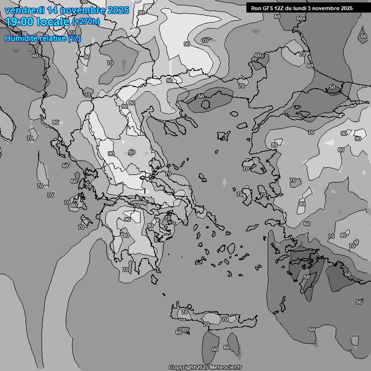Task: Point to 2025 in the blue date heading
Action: point(118,10)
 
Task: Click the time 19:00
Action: point(20,22)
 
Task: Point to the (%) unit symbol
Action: point(74,38)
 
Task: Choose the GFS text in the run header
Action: point(269,8)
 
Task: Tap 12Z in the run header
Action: point(282,8)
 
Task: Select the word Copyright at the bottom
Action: point(182,368)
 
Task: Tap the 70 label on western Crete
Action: point(184,313)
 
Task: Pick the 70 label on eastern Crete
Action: point(225,319)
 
